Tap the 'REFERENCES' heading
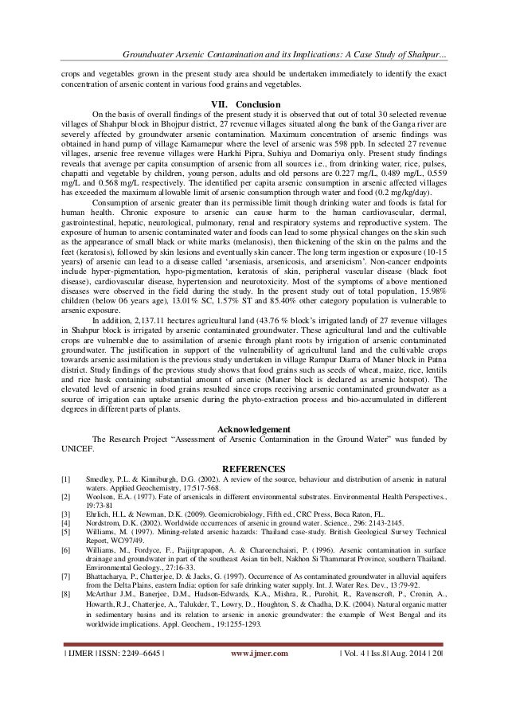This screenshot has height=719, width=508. pos(254,468)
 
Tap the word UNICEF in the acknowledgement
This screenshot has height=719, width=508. pos(77,448)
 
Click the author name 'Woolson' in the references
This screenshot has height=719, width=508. pos(101,498)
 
